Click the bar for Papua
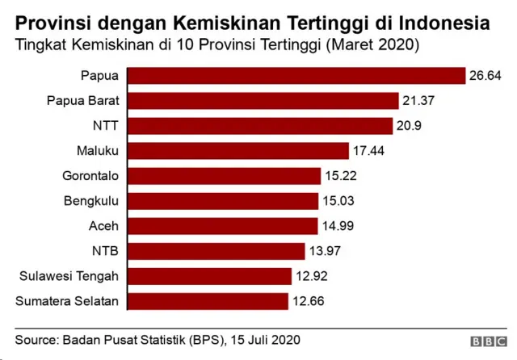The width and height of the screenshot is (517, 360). (296, 76)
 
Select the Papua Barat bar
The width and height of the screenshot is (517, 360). (263, 101)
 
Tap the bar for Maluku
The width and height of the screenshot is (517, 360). (238, 151)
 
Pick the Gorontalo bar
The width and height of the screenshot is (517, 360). (225, 176)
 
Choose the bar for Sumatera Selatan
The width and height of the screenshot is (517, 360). (208, 301)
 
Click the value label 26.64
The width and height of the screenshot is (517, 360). (485, 76)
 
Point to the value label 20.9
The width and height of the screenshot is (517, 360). (410, 126)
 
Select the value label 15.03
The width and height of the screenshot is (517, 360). (338, 201)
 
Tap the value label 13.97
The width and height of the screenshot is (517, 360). (325, 251)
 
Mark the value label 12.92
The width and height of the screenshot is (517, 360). (312, 276)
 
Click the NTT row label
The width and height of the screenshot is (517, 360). (106, 126)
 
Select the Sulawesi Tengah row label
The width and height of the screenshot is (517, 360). (69, 276)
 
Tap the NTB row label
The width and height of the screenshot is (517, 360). (106, 251)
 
